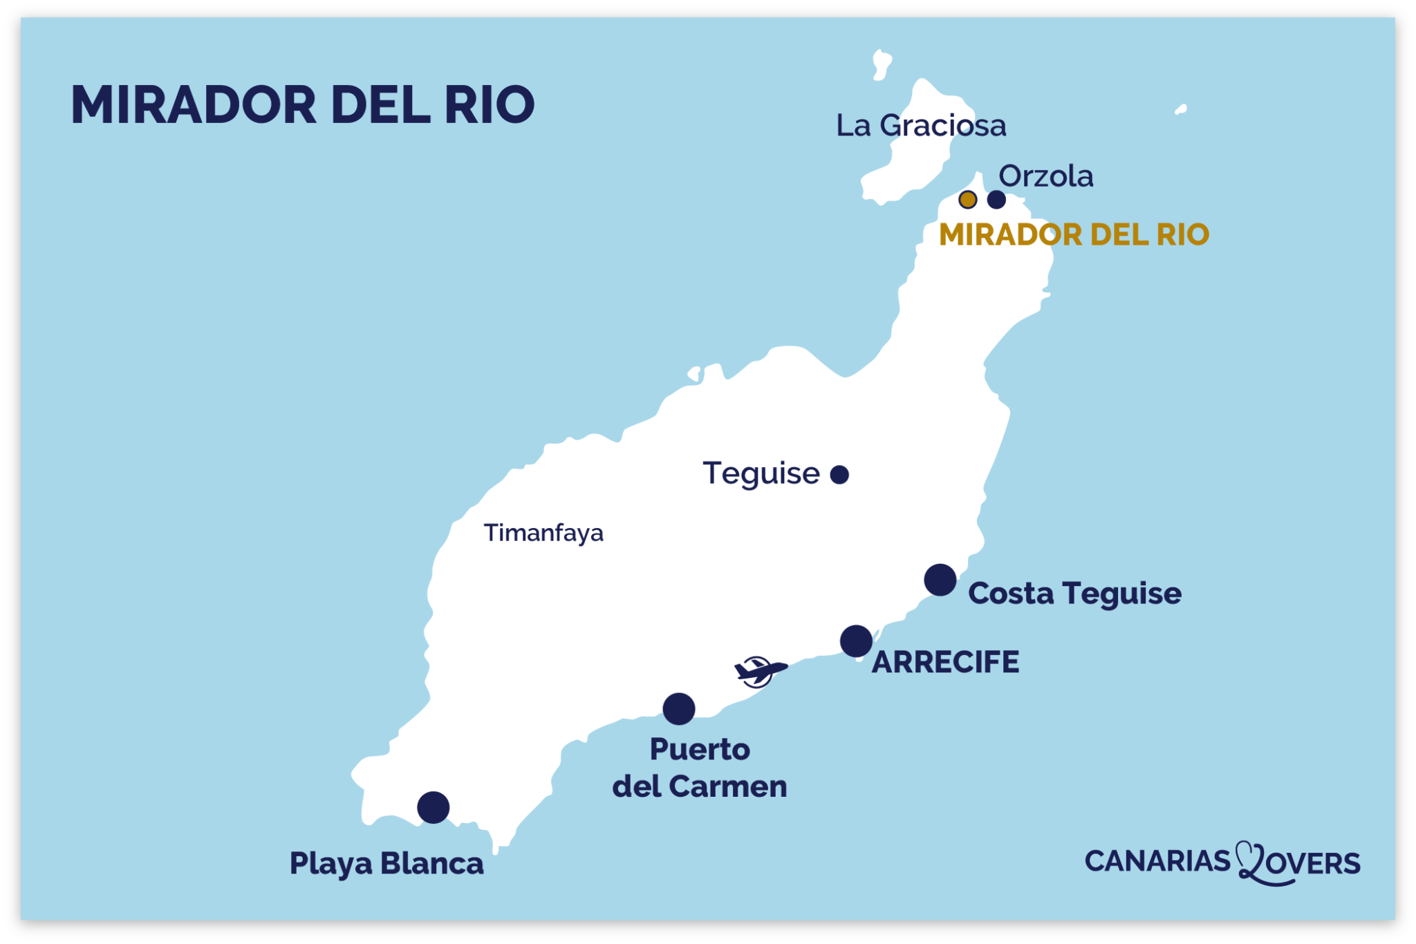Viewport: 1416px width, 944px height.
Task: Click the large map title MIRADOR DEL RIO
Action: point(303,105)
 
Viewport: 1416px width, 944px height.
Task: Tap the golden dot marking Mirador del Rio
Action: point(967,200)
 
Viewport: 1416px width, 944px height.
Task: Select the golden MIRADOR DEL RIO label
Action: point(1074,235)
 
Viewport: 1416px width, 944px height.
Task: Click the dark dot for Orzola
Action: point(996,200)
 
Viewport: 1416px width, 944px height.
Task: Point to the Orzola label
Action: point(1046,176)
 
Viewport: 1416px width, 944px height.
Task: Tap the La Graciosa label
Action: point(921,126)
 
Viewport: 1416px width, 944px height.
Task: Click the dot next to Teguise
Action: point(839,475)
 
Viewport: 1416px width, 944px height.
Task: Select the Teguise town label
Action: point(761,473)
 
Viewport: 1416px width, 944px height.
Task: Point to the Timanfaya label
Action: point(543,533)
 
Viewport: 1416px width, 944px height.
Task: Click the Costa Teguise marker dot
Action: point(940,580)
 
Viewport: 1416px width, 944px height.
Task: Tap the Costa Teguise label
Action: point(1074,594)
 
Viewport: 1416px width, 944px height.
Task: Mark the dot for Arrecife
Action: point(856,641)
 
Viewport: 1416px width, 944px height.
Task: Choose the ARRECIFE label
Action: point(945,662)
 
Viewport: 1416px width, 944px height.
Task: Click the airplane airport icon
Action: point(758,671)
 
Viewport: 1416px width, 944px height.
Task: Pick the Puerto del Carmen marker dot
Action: point(679,709)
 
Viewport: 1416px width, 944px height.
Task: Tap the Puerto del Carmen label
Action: point(700,768)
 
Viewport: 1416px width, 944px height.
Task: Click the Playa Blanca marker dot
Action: point(434,807)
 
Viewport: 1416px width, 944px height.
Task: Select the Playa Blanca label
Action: point(386,864)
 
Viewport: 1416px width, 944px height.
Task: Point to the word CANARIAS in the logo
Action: point(1157,861)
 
